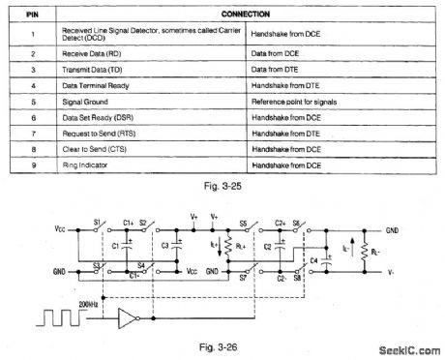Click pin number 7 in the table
[x=32, y=133]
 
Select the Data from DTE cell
[x=281, y=70]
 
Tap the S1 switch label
[x=96, y=224]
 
